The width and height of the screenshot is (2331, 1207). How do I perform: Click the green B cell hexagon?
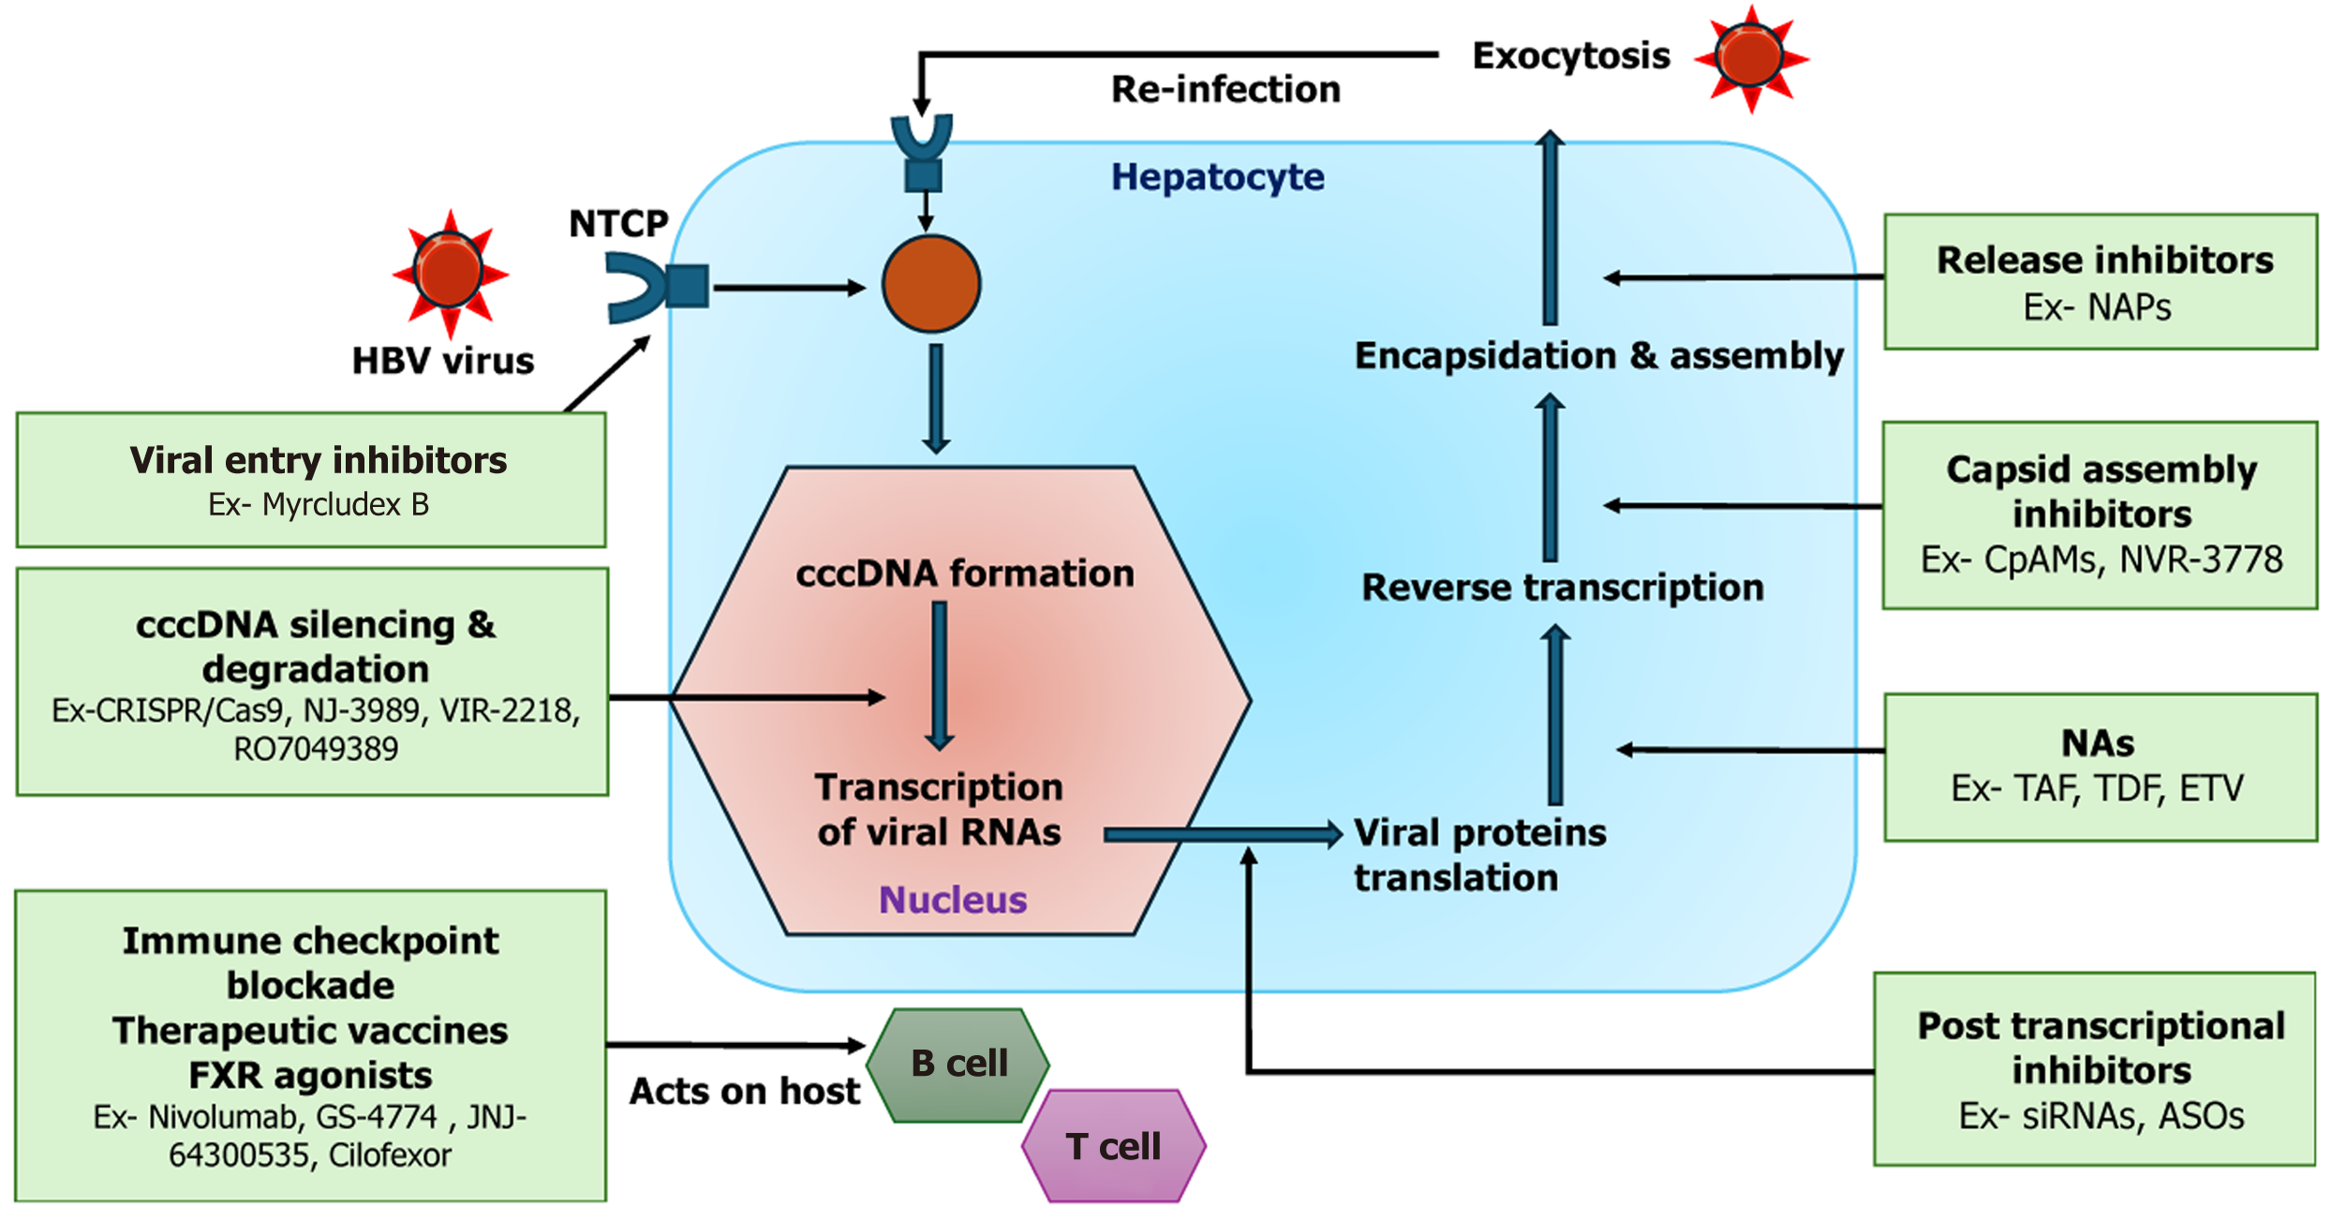[x=958, y=1065]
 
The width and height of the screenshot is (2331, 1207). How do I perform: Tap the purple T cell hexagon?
[x=1113, y=1145]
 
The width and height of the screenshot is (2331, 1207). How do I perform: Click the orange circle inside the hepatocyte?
[x=930, y=284]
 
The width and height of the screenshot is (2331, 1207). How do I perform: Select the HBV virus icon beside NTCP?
[x=450, y=272]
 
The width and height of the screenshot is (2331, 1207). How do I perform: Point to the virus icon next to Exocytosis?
[x=1749, y=58]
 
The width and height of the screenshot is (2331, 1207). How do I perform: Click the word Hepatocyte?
[x=1217, y=177]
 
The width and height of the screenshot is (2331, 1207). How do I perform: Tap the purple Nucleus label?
[x=952, y=900]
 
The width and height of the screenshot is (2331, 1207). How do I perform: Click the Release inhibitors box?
[x=2101, y=281]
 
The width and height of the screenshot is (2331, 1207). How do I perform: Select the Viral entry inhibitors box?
[x=311, y=480]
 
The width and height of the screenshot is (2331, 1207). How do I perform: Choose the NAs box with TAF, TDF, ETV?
[x=2101, y=767]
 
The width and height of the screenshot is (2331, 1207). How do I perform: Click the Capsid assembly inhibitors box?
[x=2101, y=514]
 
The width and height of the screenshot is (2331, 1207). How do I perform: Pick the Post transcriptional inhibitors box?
[x=2095, y=1069]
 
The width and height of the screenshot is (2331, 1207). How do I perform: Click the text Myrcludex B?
[x=345, y=505]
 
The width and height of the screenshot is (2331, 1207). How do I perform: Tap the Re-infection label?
[x=1225, y=90]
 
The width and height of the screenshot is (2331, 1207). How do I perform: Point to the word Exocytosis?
[x=1571, y=56]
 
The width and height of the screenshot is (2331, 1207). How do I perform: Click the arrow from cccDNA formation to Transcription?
[x=939, y=675]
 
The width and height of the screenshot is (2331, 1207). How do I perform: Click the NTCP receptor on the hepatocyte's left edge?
[x=656, y=287]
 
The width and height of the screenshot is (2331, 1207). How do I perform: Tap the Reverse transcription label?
[x=1562, y=588]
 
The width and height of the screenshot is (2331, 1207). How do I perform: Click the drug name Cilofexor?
[x=390, y=1155]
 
